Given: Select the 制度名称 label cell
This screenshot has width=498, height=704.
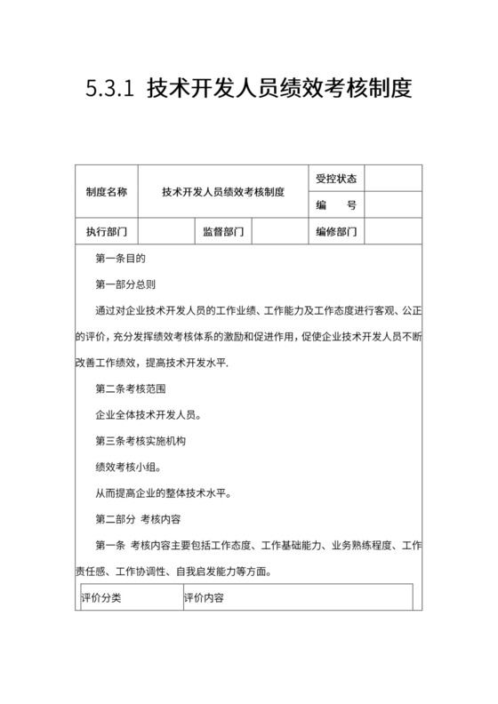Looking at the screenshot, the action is [106, 191].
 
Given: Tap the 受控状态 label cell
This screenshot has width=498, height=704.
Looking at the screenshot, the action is [336, 178].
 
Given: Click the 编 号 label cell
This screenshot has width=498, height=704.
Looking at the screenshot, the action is [336, 205].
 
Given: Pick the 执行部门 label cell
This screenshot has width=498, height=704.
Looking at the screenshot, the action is [106, 232].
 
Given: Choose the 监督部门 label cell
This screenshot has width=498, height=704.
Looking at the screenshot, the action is [223, 232].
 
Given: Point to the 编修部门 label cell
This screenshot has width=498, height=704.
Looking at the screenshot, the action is [336, 232].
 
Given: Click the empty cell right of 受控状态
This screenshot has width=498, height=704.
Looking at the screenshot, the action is [393, 178].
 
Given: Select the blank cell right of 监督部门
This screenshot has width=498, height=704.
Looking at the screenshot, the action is [280, 232].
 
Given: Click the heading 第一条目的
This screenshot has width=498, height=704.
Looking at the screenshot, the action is [120, 259].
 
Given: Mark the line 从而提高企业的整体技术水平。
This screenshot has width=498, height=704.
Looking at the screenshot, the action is [158, 492].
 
